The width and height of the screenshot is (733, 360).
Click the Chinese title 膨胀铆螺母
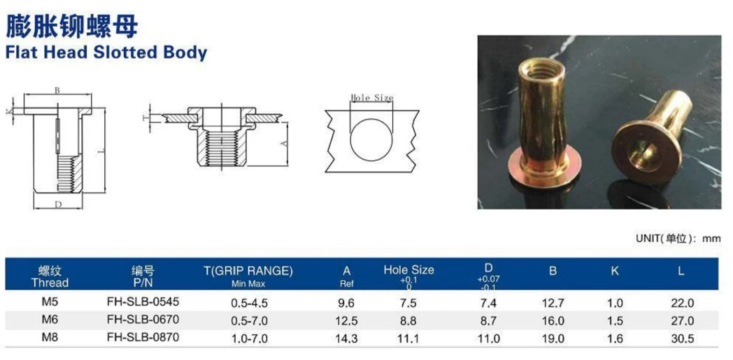(72, 26)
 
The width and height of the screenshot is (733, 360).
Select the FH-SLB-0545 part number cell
(143, 302)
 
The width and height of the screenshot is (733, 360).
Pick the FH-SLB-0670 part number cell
(143, 320)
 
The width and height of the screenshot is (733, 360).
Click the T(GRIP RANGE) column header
(248, 271)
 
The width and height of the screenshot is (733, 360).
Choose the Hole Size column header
(408, 270)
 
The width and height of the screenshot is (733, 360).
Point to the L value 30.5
(682, 339)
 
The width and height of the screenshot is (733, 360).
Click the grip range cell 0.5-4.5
(250, 303)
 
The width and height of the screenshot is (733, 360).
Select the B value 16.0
(553, 322)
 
